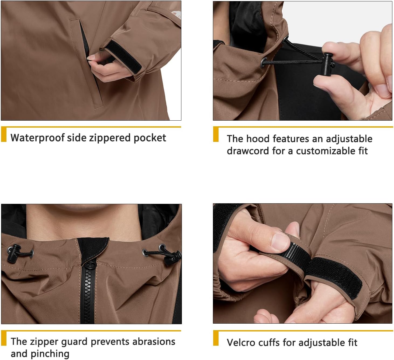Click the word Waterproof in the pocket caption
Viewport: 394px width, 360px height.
pyautogui.click(x=37, y=138)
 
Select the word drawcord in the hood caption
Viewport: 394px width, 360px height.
pyautogui.click(x=248, y=151)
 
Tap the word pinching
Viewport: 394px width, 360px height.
pyautogui.click(x=50, y=354)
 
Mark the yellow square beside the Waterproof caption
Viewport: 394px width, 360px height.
pyautogui.click(x=4, y=134)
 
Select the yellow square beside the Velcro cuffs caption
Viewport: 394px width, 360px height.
pyautogui.click(x=216, y=338)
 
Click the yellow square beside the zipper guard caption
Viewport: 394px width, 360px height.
pyautogui.click(x=4, y=338)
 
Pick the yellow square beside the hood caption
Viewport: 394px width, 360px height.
pyautogui.click(x=216, y=134)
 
